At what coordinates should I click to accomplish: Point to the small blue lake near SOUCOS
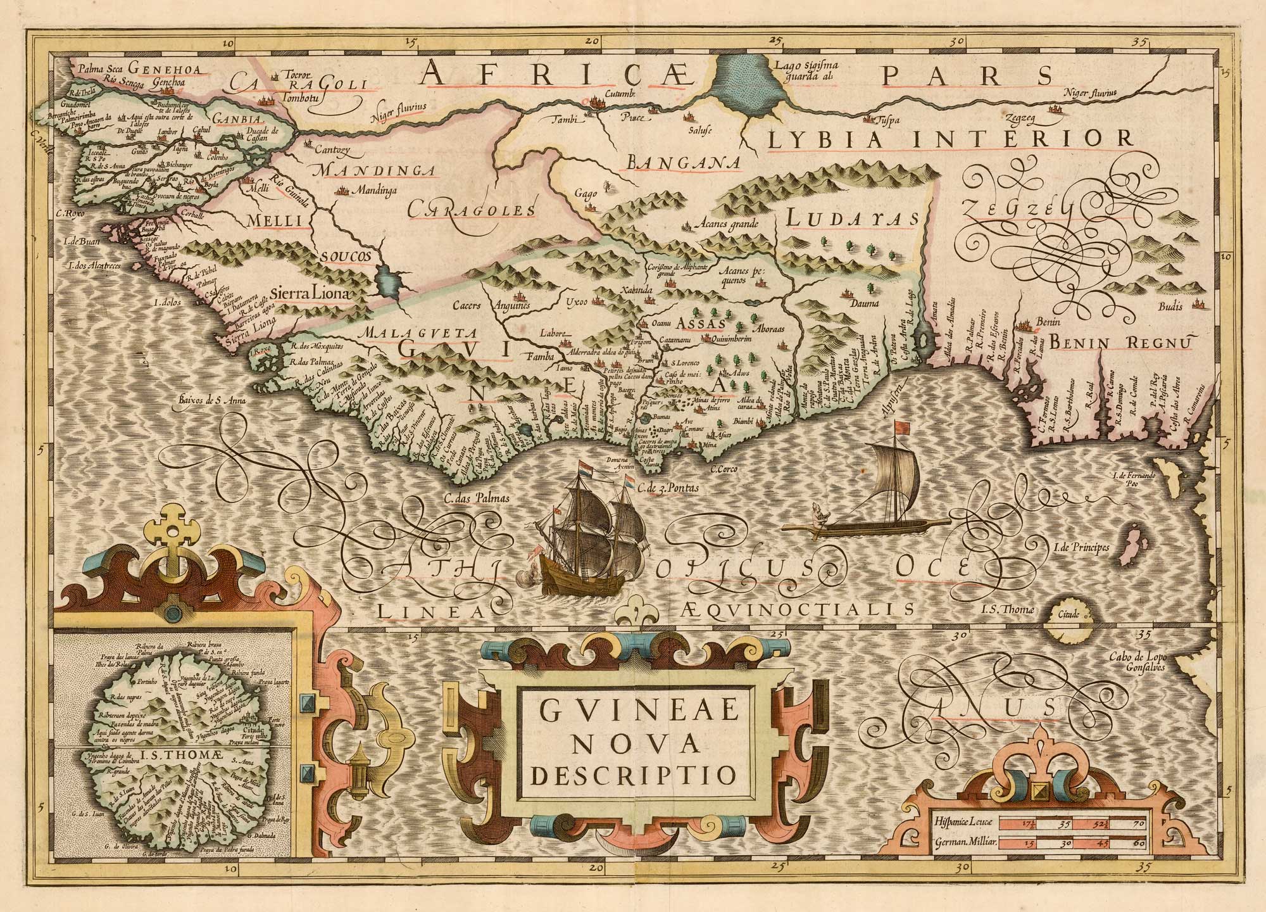tap(389, 282)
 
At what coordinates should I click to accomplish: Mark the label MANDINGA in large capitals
tap(375, 170)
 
